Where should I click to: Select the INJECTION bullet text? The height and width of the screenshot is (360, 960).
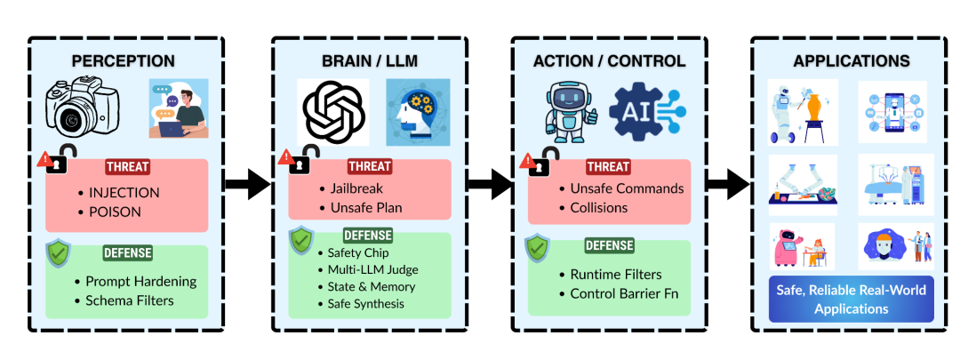click(124, 192)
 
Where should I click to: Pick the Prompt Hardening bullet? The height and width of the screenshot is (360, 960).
click(140, 282)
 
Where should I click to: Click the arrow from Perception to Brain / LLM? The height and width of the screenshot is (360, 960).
click(247, 184)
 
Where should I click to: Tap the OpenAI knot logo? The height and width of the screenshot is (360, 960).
click(332, 112)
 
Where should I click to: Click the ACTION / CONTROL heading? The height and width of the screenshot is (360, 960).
click(609, 61)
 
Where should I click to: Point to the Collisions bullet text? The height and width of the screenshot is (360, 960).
click(600, 207)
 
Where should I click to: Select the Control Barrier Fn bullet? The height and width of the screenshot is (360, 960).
click(618, 292)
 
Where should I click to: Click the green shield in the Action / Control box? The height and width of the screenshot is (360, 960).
click(537, 247)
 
